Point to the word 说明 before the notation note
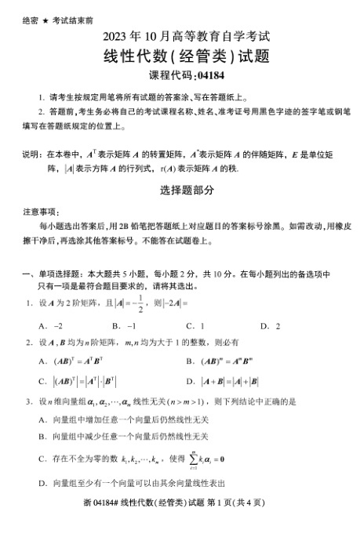(x=31, y=154)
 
